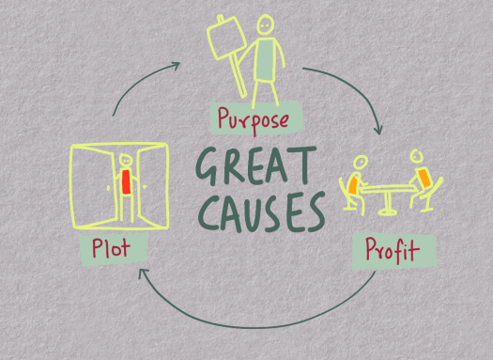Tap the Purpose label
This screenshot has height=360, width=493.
coord(256,117)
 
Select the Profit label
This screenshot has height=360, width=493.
coord(388,252)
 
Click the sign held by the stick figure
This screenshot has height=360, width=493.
coord(223,40)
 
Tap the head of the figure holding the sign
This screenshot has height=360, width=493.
coord(267,23)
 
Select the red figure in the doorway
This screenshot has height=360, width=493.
coord(124,180)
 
